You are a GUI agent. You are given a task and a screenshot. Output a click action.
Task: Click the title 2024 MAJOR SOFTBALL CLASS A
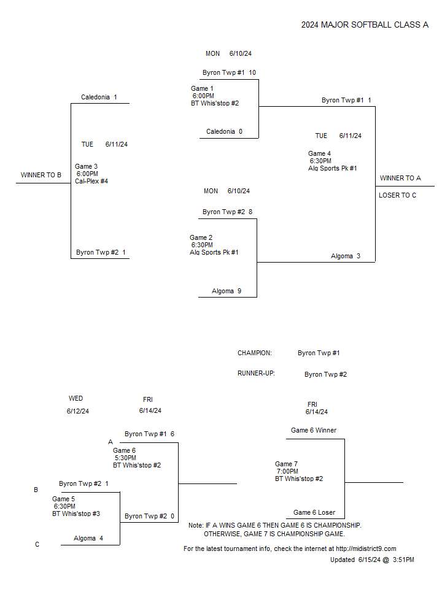click(365, 25)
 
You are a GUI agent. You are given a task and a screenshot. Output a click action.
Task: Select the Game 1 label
click(202, 88)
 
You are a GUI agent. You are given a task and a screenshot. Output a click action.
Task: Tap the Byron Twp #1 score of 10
click(252, 72)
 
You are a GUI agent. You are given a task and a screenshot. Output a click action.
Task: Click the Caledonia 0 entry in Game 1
click(225, 131)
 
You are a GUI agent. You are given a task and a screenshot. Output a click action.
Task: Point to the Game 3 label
click(86, 166)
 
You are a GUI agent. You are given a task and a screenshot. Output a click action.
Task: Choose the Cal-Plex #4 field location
click(91, 181)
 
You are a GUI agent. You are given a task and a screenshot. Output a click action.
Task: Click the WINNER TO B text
click(41, 175)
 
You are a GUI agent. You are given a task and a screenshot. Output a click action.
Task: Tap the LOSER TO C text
click(397, 195)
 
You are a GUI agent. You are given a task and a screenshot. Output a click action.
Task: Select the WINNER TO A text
click(400, 178)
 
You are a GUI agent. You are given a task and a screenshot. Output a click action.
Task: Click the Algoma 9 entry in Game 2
click(227, 291)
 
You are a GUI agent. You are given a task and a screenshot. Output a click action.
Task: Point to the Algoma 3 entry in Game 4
click(346, 256)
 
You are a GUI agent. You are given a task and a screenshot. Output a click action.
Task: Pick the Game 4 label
click(319, 153)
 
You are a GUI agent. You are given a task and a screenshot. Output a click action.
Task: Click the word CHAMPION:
click(254, 353)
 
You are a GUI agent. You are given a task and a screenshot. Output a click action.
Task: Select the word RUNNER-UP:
click(256, 374)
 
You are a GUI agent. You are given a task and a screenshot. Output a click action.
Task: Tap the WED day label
click(76, 399)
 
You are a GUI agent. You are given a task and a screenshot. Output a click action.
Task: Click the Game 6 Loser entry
click(314, 512)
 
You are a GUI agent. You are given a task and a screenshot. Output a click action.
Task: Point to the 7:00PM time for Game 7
click(287, 471)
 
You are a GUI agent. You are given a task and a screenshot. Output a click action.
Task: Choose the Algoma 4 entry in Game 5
click(88, 538)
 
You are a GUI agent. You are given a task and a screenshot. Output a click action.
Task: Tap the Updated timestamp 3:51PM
click(403, 560)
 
